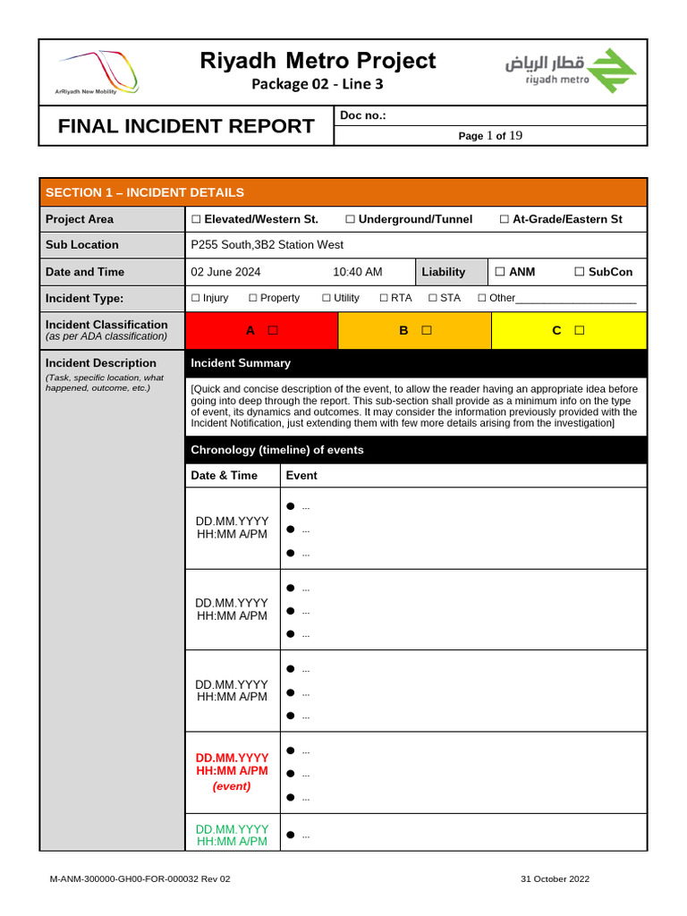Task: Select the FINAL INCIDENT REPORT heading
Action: tap(186, 126)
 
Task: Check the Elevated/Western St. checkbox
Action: tap(196, 219)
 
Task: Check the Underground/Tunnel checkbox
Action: tap(351, 219)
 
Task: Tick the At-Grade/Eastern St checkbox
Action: tap(505, 219)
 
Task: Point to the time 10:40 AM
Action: tap(357, 272)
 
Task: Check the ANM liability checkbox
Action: tap(500, 272)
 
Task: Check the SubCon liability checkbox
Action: tap(580, 272)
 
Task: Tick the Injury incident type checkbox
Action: tap(196, 298)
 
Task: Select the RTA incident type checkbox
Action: tap(384, 298)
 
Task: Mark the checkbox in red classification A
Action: tap(273, 330)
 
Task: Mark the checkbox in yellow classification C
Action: tap(580, 330)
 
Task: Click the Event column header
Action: tap(301, 475)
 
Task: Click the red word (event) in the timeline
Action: tap(232, 786)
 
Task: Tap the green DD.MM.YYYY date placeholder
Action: tap(232, 829)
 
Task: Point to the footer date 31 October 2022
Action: tap(555, 879)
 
